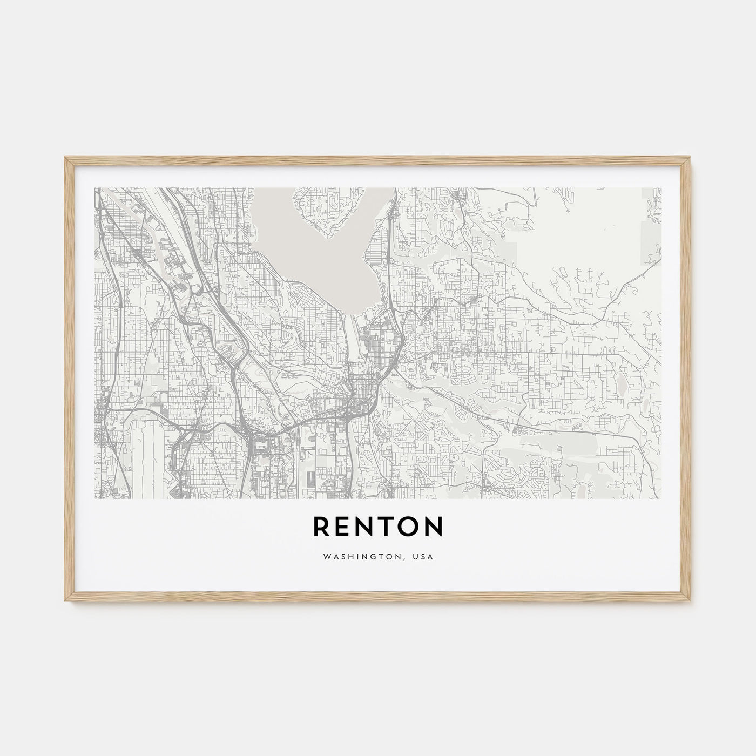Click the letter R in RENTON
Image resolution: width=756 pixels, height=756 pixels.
pyautogui.click(x=322, y=527)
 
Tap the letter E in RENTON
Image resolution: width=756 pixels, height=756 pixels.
pyautogui.click(x=346, y=527)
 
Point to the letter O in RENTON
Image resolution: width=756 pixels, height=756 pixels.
pyautogui.click(x=410, y=527)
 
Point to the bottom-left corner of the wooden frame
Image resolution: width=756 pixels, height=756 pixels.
pyautogui.click(x=65, y=603)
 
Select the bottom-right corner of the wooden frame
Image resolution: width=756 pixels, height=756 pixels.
pyautogui.click(x=691, y=603)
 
